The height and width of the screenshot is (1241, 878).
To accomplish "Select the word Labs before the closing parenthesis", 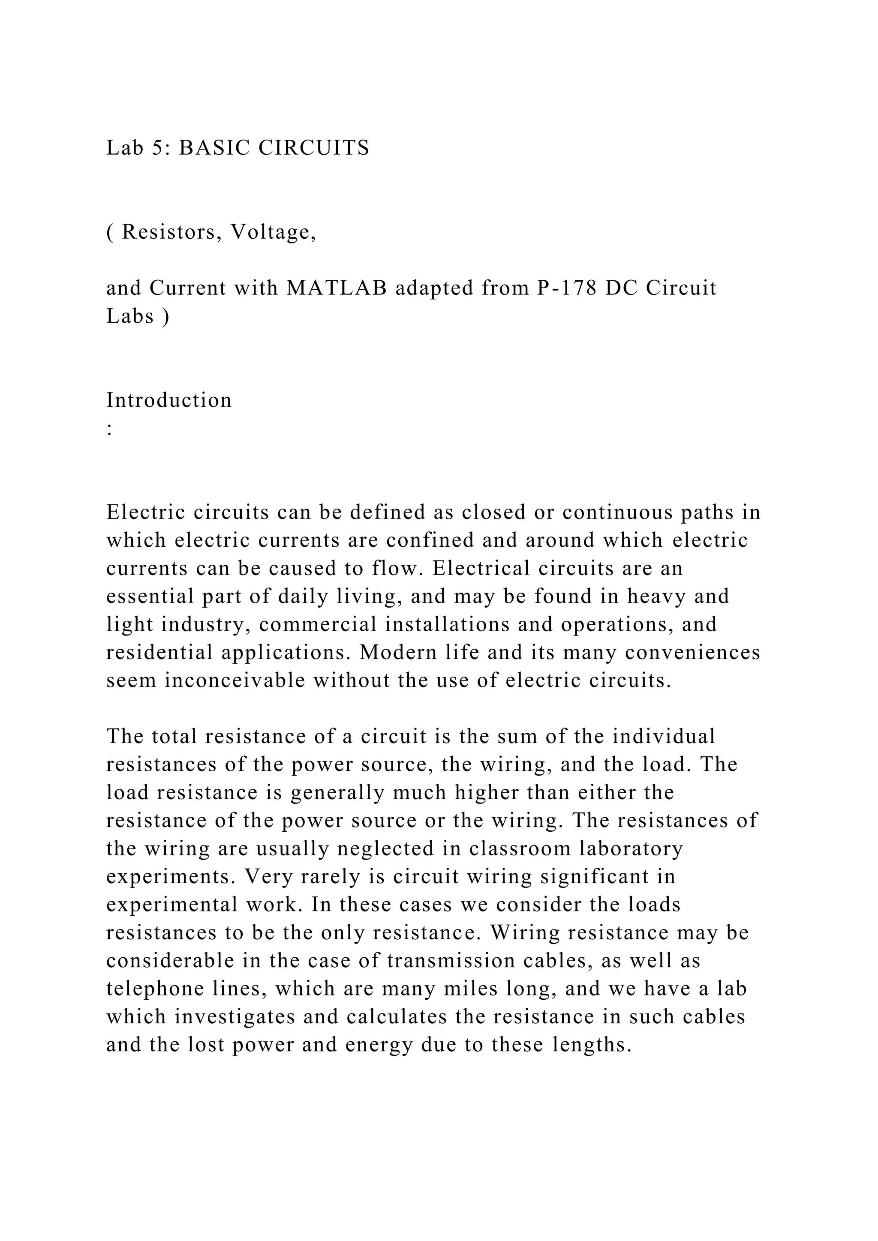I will click(130, 317).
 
